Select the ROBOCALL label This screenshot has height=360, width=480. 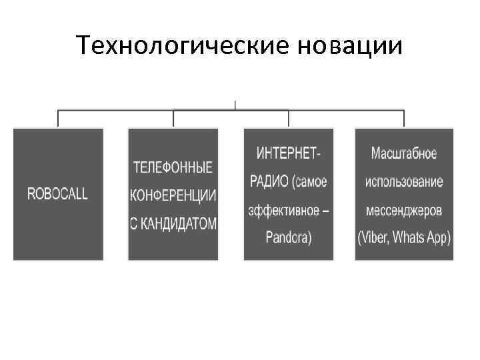tap(57, 194)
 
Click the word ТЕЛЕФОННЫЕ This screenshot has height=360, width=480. tap(173, 167)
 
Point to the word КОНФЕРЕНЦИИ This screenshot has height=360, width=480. tap(173, 195)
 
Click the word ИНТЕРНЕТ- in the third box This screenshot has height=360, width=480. tap(288, 153)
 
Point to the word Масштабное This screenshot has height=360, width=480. tap(404, 153)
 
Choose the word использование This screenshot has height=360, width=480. tap(404, 181)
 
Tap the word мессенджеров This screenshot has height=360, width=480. tap(404, 209)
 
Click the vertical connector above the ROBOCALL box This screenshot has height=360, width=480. tap(58, 117)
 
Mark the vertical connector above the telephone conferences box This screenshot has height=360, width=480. tap(173, 117)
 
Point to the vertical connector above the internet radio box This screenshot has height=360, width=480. tap(289, 117)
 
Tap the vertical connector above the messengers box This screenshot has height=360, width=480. tap(404, 117)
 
